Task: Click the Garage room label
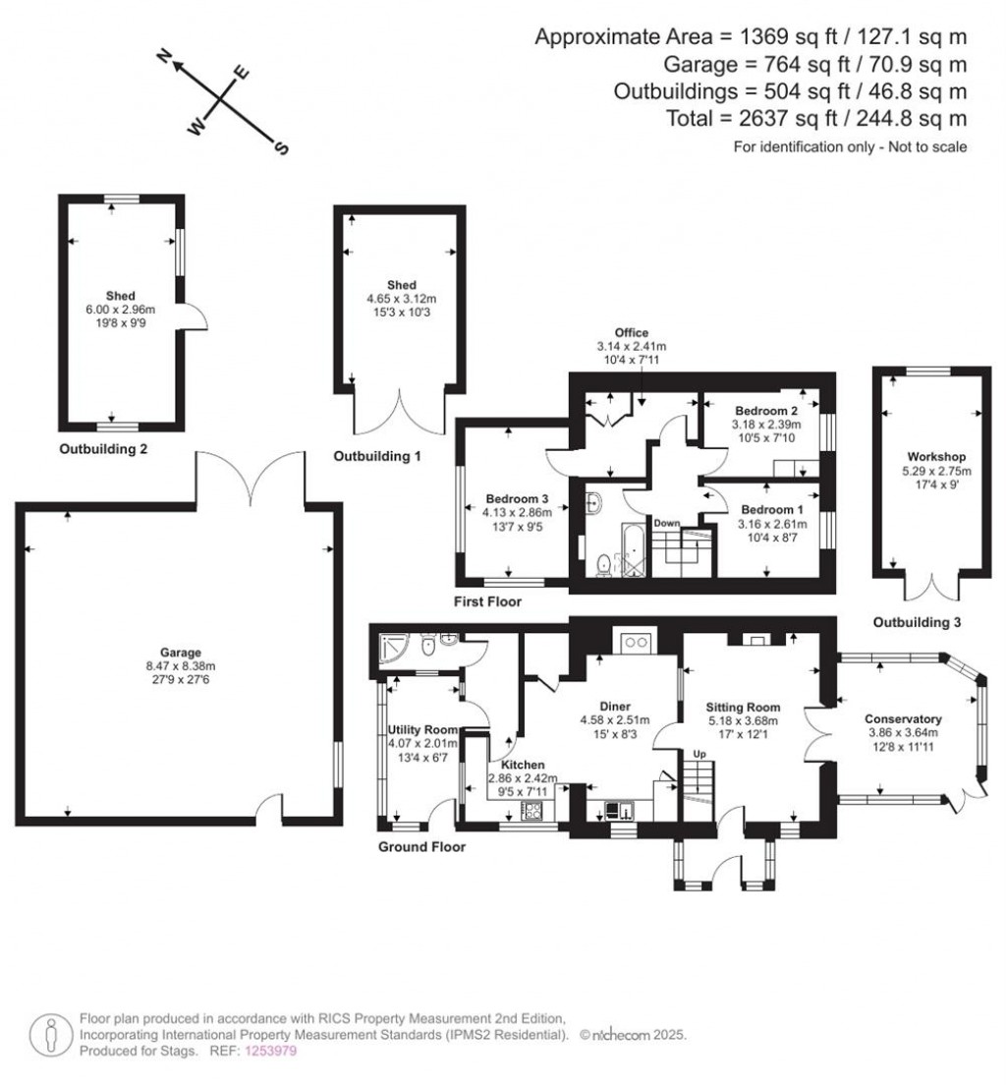(181, 652)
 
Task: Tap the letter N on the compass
(165, 56)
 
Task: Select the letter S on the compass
(282, 147)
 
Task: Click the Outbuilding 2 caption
(103, 449)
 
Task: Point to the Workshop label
(936, 457)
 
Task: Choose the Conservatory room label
(903, 719)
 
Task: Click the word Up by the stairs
(699, 754)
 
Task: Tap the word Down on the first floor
(666, 523)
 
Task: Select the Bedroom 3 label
(517, 499)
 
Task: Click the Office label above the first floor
(631, 333)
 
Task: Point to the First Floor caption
(488, 601)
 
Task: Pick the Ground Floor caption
(421, 846)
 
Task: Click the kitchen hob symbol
(532, 810)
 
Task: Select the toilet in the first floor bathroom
(603, 565)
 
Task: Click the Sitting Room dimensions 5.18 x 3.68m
(743, 720)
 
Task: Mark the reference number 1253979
(270, 1052)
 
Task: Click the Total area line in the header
(816, 118)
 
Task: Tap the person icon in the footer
(50, 1035)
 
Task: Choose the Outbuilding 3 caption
(917, 622)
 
